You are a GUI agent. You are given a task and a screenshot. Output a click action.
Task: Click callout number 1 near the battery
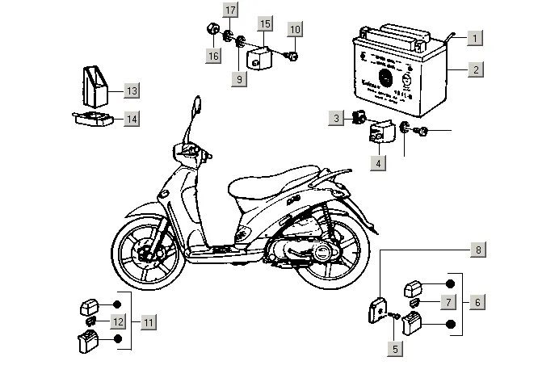(x=476, y=38)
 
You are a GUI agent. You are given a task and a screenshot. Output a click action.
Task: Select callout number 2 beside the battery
(x=476, y=69)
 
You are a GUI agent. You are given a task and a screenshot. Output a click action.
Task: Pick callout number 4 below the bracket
(x=377, y=162)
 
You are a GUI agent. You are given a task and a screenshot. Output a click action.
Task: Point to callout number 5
(x=395, y=349)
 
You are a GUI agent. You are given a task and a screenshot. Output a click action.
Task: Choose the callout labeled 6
(x=477, y=302)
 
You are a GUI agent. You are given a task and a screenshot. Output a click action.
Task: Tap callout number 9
(x=239, y=78)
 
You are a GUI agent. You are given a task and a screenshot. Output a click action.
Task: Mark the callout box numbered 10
(x=294, y=30)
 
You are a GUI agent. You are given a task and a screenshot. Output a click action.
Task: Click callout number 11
(x=148, y=321)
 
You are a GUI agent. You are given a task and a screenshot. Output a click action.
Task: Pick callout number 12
(x=117, y=321)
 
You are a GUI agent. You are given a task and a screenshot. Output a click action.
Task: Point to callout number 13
(x=131, y=90)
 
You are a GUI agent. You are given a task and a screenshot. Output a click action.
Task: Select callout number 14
(x=131, y=119)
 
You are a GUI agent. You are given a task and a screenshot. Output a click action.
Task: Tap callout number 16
(x=212, y=55)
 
